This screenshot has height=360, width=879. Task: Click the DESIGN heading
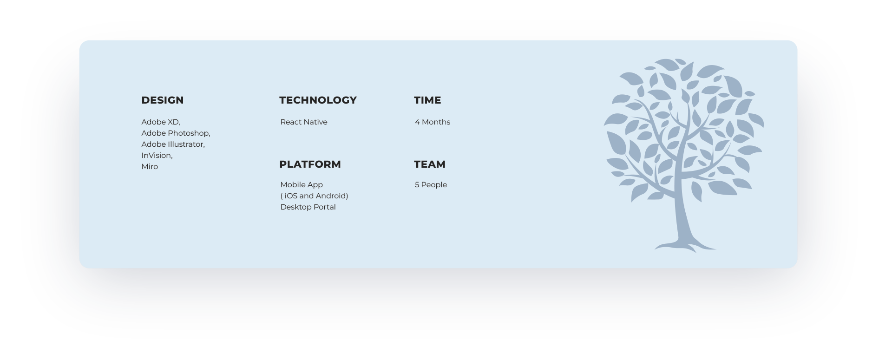click(163, 100)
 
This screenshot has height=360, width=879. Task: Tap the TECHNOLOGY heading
click(318, 100)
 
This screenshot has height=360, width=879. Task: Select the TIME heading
click(427, 100)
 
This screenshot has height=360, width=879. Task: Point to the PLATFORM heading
click(310, 164)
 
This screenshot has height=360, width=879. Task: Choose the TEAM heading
click(430, 164)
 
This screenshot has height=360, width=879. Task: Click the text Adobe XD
click(160, 122)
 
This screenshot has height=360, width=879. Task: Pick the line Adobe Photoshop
click(176, 133)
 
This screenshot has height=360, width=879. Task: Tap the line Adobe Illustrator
click(173, 144)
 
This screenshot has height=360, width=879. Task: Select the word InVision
click(157, 156)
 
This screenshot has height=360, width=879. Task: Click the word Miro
click(150, 166)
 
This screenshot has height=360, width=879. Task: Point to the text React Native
click(304, 122)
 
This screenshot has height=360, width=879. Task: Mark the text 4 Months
click(433, 122)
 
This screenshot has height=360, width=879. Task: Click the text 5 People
click(431, 184)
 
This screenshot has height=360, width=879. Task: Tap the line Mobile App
click(302, 185)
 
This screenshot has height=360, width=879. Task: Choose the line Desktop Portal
click(308, 207)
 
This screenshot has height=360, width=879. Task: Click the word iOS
click(291, 196)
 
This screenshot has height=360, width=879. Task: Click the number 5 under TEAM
click(417, 184)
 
